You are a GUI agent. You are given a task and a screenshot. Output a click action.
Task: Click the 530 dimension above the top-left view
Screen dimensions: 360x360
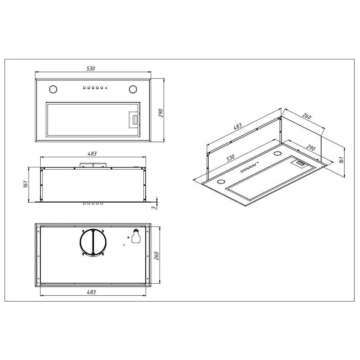pyautogui.click(x=91, y=68)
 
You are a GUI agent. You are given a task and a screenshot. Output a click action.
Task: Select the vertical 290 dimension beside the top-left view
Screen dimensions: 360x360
pyautogui.click(x=161, y=113)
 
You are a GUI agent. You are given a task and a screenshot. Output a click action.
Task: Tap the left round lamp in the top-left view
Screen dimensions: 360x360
pyautogui.click(x=53, y=89)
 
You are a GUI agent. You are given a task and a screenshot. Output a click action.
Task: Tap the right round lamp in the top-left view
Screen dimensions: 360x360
pyautogui.click(x=133, y=89)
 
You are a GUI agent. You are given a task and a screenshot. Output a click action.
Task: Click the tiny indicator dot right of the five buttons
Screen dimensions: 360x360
pyautogui.click(x=106, y=87)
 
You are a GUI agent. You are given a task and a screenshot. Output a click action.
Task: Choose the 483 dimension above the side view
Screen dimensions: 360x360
pyautogui.click(x=92, y=154)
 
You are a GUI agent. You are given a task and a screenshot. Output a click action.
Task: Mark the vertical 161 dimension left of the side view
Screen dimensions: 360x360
pyautogui.click(x=26, y=184)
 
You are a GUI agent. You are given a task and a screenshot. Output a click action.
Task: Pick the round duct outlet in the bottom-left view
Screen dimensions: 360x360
pyautogui.click(x=93, y=242)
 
